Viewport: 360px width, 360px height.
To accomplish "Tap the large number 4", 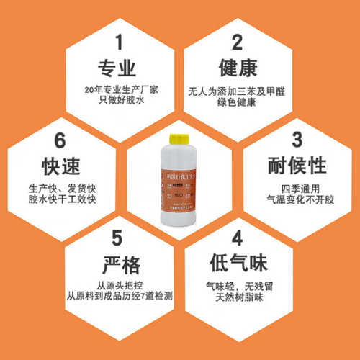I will coord(237,239).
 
